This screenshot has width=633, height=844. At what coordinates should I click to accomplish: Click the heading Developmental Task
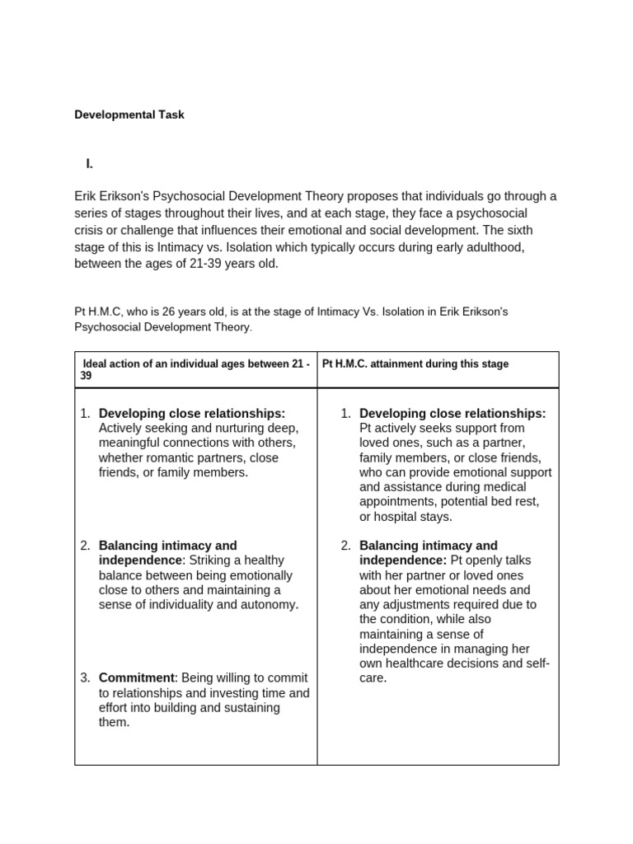click(129, 115)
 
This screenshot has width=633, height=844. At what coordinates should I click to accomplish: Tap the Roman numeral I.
click(89, 164)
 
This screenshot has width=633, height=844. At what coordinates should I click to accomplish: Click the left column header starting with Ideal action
click(195, 369)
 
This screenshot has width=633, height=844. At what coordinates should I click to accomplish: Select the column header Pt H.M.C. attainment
click(415, 363)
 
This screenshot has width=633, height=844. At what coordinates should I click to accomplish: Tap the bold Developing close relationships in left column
click(192, 413)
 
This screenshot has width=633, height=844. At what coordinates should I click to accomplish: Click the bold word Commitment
click(137, 678)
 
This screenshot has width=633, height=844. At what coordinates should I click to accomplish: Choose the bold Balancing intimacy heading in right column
click(429, 546)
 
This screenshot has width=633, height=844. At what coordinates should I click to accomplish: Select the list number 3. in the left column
click(85, 678)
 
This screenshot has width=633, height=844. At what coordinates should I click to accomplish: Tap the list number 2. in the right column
click(346, 546)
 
